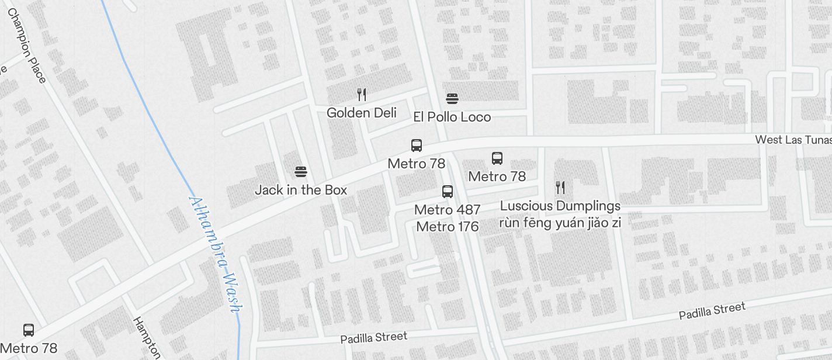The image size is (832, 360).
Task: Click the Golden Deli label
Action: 361,113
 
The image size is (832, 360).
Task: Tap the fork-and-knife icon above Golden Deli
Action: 362,94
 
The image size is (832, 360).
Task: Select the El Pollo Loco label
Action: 452,117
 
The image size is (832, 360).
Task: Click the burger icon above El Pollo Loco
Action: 452,98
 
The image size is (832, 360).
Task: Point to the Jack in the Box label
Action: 301,190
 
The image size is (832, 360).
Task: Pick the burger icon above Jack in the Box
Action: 301,171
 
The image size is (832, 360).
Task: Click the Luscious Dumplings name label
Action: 560,206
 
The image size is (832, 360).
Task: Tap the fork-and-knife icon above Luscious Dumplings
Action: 560,187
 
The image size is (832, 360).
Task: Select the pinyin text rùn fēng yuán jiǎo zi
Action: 560,223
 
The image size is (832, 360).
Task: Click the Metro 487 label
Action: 447,209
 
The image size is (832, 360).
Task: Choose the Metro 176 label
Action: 447,226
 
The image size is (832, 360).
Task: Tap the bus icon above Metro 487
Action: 447,191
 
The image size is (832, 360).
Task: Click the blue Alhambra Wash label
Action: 214,253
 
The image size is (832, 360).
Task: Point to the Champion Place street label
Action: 26,45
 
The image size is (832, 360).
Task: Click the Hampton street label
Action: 147,338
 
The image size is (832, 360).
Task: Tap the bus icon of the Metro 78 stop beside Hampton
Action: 28,330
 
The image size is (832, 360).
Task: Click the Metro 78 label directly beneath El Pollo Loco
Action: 416,164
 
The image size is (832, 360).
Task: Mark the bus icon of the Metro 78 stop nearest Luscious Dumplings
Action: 497,158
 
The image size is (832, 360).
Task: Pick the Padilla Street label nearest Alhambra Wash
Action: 373,338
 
